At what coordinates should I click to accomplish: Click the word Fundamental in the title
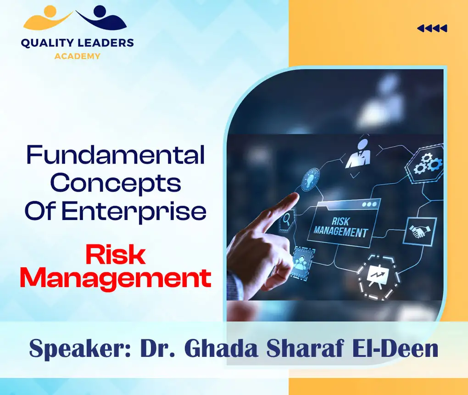115,155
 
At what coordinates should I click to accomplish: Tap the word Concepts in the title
115,184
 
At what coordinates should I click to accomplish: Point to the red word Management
116,278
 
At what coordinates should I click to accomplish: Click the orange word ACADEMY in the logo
77,56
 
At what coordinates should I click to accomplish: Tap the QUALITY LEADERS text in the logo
77,43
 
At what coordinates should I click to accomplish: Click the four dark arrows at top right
432,29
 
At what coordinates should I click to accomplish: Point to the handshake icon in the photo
419,231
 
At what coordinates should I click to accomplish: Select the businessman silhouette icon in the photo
358,155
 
